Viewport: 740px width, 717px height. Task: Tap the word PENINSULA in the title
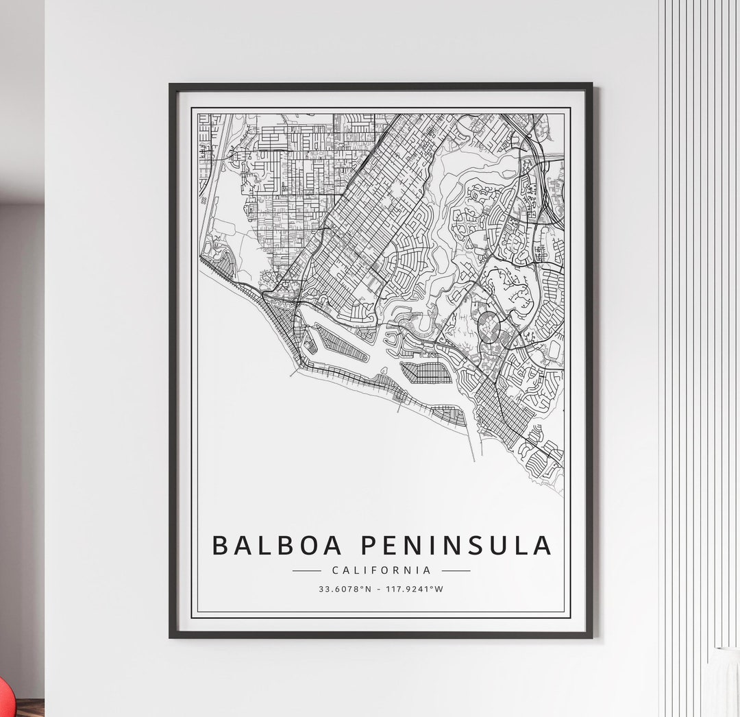click(456, 546)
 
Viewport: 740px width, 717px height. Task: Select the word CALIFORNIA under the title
click(381, 570)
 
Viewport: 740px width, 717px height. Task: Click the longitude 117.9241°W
click(413, 589)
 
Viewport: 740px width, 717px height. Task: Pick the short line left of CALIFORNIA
click(306, 570)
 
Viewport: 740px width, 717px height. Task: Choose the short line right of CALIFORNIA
click(456, 570)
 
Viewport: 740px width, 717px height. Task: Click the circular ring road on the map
click(489, 327)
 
